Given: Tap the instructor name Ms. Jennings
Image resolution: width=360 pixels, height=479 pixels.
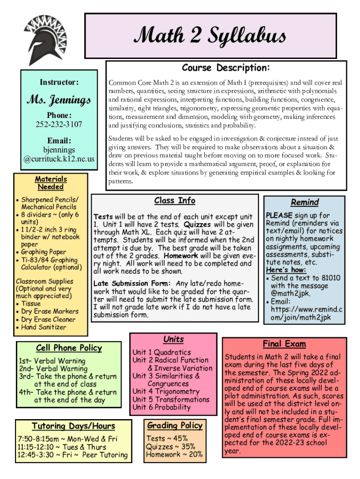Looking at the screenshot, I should (58, 100).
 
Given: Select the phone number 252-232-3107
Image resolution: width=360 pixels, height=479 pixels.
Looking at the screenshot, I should (58, 124).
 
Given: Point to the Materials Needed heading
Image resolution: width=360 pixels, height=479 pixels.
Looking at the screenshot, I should (51, 183).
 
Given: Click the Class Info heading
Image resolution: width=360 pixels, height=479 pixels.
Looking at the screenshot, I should (175, 201).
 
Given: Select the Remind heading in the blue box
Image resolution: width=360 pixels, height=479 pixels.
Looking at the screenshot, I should (304, 202).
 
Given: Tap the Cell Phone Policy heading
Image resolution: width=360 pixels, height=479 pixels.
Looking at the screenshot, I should (69, 348).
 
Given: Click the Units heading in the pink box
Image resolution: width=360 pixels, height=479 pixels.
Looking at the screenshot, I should (173, 339).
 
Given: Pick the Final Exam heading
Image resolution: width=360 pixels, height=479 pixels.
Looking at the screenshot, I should (284, 344).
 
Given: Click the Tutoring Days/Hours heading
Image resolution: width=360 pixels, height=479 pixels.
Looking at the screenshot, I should (73, 426).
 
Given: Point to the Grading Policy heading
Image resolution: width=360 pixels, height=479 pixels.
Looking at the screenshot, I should (175, 425).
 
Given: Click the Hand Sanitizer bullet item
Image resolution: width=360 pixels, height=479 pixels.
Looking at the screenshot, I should (43, 327).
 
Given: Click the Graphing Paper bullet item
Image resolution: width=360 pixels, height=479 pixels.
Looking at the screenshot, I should (43, 252).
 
